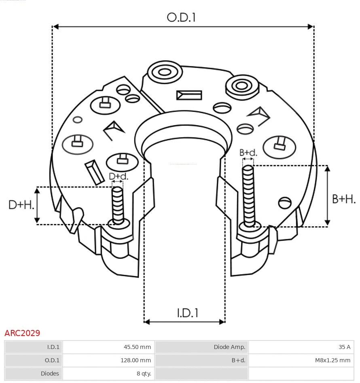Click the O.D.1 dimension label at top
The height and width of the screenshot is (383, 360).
coord(181,17)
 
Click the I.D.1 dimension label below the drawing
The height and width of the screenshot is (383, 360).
coord(188,313)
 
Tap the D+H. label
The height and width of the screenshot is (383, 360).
coord(21,205)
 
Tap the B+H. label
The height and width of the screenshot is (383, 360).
coord(343,199)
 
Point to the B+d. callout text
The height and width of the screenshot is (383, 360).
coord(248,153)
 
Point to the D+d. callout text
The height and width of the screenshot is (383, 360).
coord(119,177)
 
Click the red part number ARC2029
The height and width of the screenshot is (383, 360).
coord(22,333)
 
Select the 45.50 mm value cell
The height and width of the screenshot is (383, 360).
coord(108,347)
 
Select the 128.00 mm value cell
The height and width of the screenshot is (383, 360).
coord(108,360)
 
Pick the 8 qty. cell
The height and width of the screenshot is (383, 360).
coord(108,374)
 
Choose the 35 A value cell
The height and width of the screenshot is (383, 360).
coord(301,347)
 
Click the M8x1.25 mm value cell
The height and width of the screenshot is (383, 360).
coord(301,360)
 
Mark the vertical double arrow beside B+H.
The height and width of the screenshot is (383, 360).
coord(328,196)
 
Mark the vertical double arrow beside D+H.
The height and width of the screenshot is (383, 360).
coord(37,206)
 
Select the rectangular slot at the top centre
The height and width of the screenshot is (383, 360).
coord(189,95)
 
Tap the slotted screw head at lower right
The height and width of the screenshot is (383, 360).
coord(285,202)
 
